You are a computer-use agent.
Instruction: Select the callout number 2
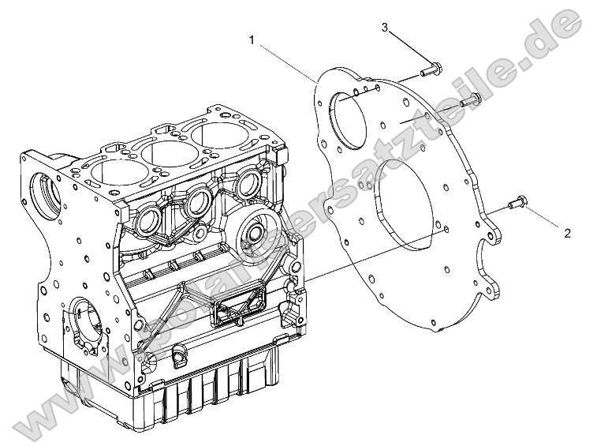click(x=567, y=233)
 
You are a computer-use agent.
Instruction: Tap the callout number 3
click(x=385, y=28)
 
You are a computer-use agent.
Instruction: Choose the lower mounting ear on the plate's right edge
click(x=494, y=292)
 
